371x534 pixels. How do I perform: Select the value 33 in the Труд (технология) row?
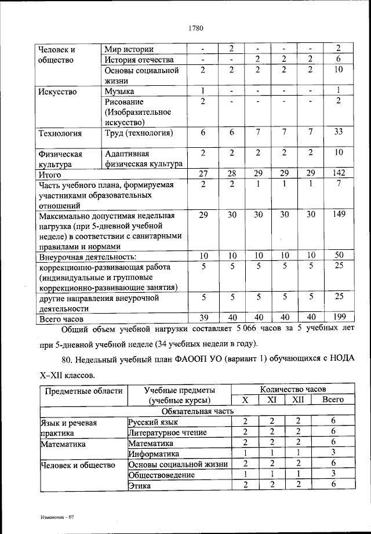tap(339, 133)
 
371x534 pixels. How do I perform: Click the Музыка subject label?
tap(119, 91)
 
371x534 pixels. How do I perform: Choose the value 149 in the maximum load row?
tap(339, 215)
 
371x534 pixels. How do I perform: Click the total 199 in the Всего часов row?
tap(339, 317)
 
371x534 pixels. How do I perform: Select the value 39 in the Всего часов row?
tap(203, 318)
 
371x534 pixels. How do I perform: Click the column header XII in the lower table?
tap(297, 399)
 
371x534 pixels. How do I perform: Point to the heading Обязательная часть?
tap(194, 411)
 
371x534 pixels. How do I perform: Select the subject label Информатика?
tap(154, 453)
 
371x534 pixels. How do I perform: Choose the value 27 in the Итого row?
tap(203, 173)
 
